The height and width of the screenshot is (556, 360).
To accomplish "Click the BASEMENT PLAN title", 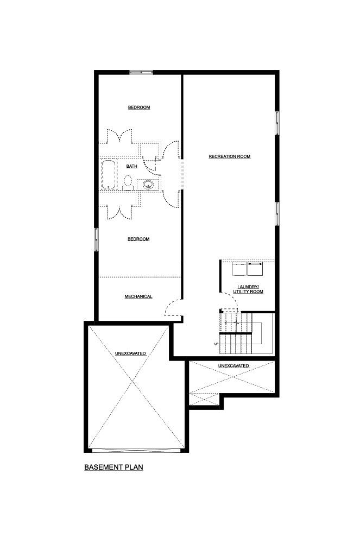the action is (x=113, y=467).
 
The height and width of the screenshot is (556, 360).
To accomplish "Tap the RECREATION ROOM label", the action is (x=230, y=156).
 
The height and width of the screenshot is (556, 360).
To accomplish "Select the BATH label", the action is (x=131, y=166).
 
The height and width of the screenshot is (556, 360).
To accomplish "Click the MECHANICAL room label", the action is (x=138, y=296).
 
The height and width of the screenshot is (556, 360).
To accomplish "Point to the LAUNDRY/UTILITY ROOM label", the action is (x=248, y=289).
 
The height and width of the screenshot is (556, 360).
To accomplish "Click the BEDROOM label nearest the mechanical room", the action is (x=138, y=239).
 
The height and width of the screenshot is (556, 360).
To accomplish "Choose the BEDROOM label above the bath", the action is (x=138, y=108).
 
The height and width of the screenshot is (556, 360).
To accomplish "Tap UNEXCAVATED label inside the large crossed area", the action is (x=130, y=353).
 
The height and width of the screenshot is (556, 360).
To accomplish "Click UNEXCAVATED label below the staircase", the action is (x=233, y=365).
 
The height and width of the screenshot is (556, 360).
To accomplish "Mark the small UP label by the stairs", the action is (x=216, y=344).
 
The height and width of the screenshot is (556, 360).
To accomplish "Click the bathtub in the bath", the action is (x=109, y=175).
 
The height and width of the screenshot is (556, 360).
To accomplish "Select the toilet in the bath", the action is (x=128, y=183).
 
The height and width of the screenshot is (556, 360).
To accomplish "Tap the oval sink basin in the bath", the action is (x=148, y=185).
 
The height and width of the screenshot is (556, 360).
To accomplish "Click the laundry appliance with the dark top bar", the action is (x=255, y=269).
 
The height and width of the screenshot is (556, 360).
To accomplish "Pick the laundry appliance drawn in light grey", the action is (x=239, y=269).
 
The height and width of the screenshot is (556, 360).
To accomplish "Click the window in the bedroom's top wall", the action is (x=141, y=72).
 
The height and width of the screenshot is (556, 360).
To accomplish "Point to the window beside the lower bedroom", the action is (x=96, y=239).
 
